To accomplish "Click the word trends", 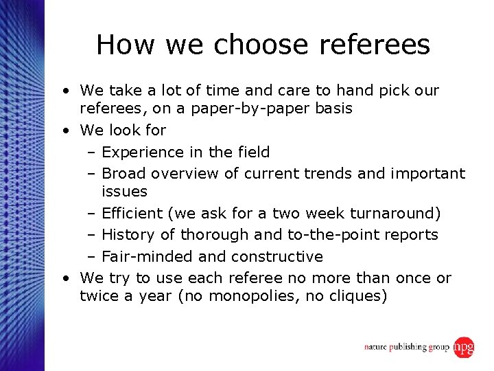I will coord(342,174).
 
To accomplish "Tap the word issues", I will coord(124,191).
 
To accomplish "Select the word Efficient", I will coord(135,213).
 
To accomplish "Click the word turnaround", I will coord(397,213).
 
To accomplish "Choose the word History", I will coord(128,235).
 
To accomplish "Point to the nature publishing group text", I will coord(406,348).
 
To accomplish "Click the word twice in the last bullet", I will coord(98,296).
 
